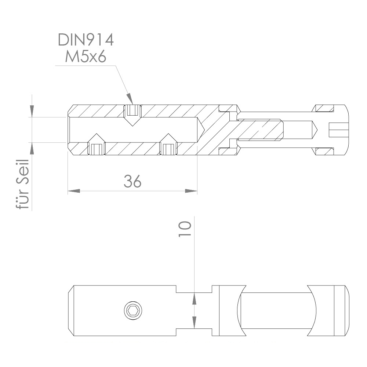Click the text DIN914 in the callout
(x=86, y=40)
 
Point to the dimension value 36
(x=132, y=181)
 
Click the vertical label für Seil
(x=23, y=185)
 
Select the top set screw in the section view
(x=132, y=110)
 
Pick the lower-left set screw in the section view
(x=97, y=149)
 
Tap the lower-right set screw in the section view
(x=168, y=149)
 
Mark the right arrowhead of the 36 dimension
(x=191, y=191)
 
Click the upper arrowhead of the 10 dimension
(x=194, y=299)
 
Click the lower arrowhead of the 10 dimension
(x=194, y=322)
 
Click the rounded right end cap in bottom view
(x=341, y=310)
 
